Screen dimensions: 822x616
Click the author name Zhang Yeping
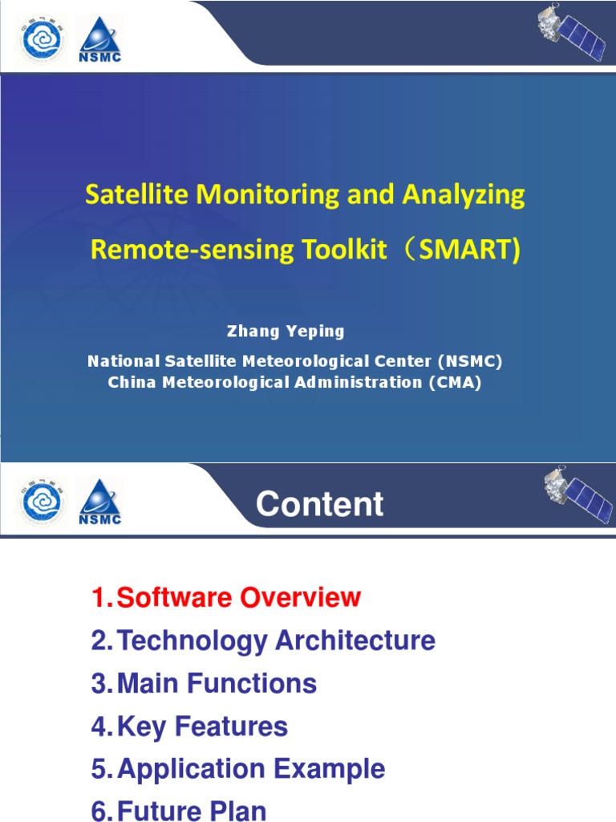286,331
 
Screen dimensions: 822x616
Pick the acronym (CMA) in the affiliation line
455,383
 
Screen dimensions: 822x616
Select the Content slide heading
319,505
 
